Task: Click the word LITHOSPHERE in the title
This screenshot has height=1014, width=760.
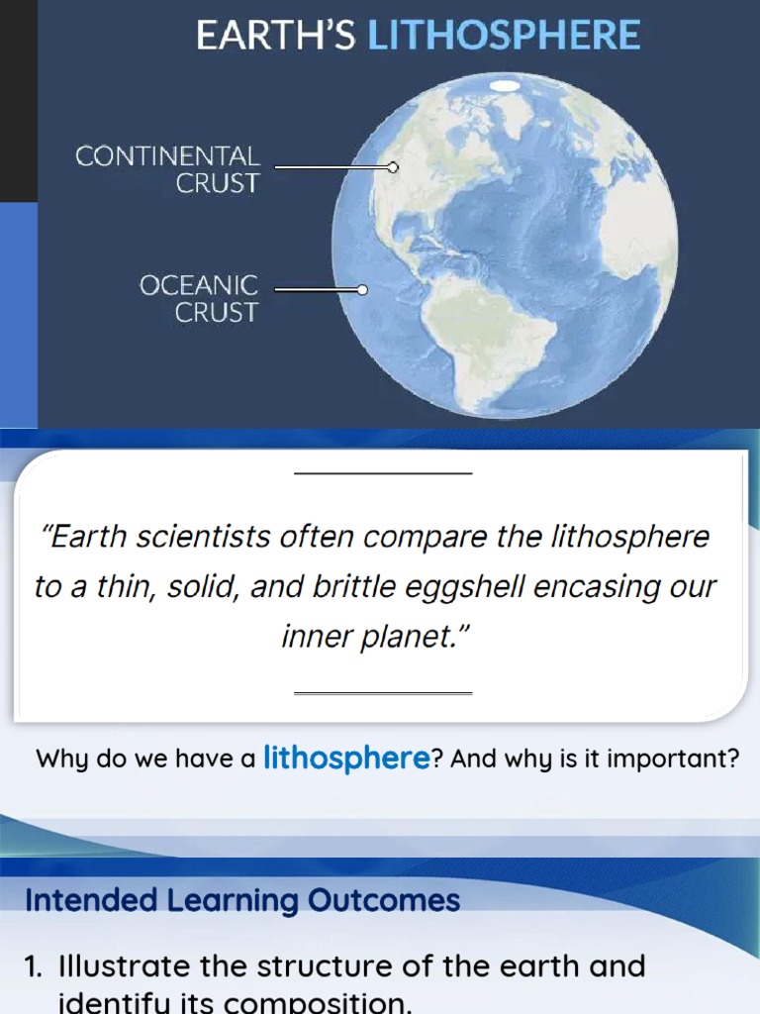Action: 504,37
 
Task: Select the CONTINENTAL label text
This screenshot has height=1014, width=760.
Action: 167,156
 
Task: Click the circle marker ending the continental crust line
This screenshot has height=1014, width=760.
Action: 393,167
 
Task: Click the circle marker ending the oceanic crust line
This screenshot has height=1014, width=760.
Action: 362,290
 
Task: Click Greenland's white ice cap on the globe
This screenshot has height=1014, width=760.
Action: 508,86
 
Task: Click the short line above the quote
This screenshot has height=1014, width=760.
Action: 383,473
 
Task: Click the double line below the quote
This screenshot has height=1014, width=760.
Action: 383,693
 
